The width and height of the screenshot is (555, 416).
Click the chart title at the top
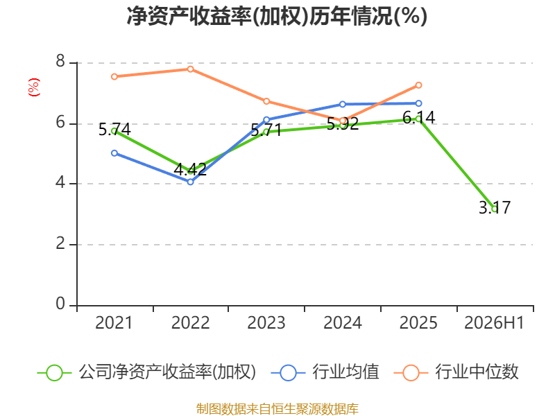[277, 16]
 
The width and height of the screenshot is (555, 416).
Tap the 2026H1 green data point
[495, 209]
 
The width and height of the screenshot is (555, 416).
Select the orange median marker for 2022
[190, 69]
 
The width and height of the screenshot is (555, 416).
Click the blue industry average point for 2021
[114, 153]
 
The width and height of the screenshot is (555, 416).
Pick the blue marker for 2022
[190, 182]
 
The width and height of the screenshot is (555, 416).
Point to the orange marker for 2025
[419, 85]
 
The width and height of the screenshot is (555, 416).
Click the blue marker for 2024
[343, 105]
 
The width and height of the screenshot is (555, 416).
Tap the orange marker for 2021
[114, 77]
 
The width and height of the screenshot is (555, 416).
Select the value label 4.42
[190, 169]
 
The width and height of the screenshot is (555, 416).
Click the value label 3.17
[495, 207]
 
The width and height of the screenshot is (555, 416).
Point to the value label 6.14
[419, 117]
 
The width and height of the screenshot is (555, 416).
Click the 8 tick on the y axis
[60, 62]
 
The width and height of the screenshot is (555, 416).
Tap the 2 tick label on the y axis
[60, 244]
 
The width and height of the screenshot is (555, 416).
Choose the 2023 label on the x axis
[266, 323]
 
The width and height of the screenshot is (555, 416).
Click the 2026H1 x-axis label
[494, 323]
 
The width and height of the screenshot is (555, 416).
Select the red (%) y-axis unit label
[34, 87]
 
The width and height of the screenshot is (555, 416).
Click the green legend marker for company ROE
[55, 373]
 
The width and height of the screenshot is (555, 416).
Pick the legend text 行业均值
[345, 372]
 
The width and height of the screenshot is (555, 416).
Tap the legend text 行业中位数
[477, 372]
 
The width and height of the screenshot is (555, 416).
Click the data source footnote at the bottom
[277, 409]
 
